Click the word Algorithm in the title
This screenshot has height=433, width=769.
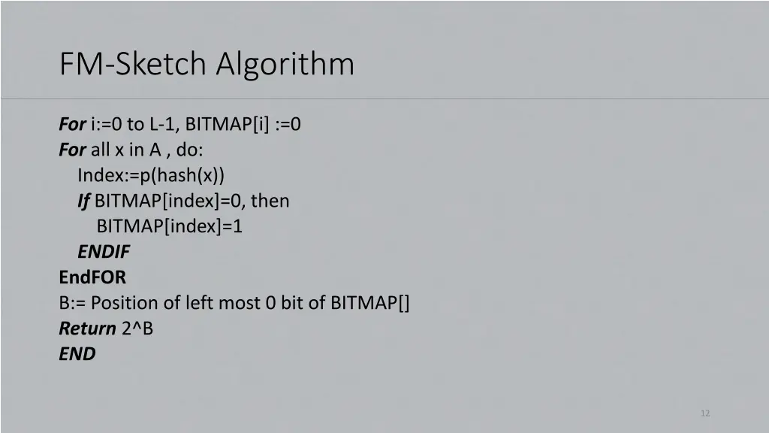pos(285,64)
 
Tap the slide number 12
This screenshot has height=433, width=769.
pos(704,413)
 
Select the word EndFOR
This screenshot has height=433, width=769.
pos(92,277)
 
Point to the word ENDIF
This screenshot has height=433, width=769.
pos(104,252)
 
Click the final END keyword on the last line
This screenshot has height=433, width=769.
pos(77,354)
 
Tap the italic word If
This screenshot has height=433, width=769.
pos(83,201)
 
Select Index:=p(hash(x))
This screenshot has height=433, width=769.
pos(151,175)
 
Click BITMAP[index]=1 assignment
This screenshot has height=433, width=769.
pos(170,226)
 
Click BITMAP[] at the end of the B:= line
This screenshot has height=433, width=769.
pos(370,303)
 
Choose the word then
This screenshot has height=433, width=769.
pos(270,201)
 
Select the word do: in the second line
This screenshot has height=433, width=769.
pos(190,150)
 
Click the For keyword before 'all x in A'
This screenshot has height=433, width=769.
pos(72,150)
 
